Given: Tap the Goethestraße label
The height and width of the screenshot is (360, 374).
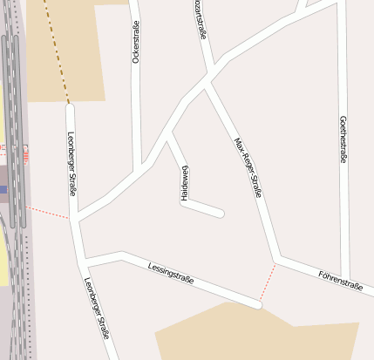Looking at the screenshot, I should (343, 139).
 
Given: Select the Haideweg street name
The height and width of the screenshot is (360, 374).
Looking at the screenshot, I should (185, 183).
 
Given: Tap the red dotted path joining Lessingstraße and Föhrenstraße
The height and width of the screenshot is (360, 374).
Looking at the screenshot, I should (268, 282).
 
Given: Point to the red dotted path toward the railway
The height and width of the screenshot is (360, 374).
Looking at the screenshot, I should (47, 212).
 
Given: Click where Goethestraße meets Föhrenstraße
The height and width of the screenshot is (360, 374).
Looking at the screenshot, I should (347, 277).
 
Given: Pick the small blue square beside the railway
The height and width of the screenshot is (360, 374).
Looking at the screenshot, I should (3, 189).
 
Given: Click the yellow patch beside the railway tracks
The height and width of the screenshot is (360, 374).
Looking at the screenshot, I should (3, 262).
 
